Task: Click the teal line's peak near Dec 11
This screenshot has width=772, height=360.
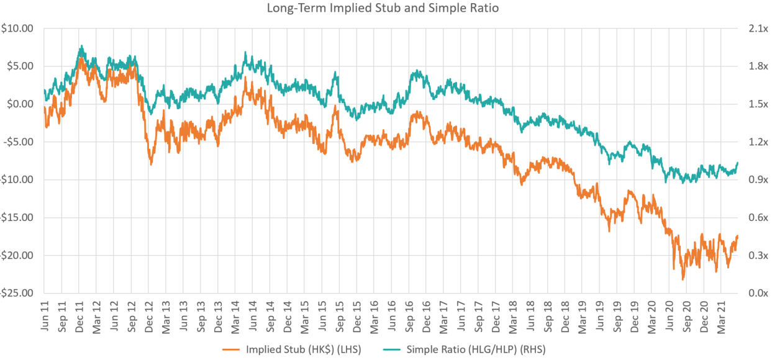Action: pyautogui.click(x=81, y=45)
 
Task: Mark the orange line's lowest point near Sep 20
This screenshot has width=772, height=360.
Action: pyautogui.click(x=683, y=280)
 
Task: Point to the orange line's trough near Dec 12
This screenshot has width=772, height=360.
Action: pyautogui.click(x=151, y=164)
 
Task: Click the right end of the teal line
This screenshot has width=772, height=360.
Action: pyautogui.click(x=738, y=163)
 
